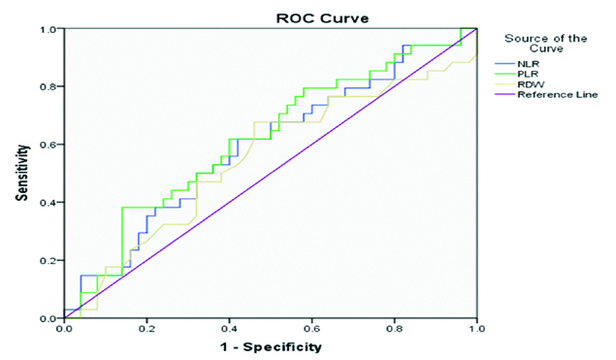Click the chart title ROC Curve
(x=269, y=16)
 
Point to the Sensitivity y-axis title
(x=20, y=173)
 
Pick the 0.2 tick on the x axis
(x=146, y=329)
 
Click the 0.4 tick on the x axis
(x=229, y=329)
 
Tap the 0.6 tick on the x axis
(x=311, y=329)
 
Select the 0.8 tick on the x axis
(x=394, y=329)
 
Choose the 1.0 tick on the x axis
(x=476, y=329)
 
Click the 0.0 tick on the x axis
(x=64, y=329)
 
